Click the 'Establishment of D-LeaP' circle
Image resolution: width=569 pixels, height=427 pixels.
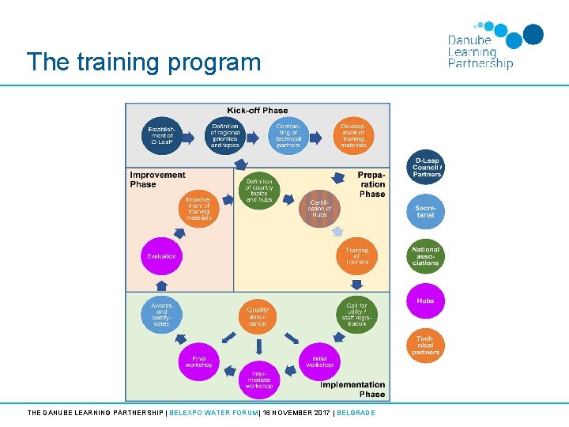point(162,135)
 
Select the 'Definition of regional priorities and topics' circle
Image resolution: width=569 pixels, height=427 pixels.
point(225,135)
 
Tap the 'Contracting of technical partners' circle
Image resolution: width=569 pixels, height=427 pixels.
point(288,135)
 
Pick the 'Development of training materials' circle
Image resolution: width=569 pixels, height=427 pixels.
point(353,135)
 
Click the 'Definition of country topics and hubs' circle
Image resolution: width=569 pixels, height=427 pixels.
point(258,191)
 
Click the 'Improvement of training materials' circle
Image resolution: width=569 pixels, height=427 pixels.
point(198,208)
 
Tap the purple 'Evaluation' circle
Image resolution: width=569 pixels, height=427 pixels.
point(161,256)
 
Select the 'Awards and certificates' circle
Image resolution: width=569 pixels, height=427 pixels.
point(161,314)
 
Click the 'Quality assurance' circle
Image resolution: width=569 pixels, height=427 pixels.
point(258,316)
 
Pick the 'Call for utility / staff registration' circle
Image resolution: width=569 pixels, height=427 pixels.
point(356,315)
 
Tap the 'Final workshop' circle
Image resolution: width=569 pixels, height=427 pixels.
point(198,361)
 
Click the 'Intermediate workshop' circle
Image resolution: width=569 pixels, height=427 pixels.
point(258,380)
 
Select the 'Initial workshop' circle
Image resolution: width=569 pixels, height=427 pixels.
point(319,361)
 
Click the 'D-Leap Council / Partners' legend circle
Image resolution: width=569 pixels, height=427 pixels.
point(427,169)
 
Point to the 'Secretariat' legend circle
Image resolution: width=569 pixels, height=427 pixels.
point(426,212)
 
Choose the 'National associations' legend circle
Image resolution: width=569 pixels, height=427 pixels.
point(426,257)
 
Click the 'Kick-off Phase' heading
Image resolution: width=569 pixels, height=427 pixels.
point(258,111)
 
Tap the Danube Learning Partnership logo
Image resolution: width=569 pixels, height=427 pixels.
point(495,47)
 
